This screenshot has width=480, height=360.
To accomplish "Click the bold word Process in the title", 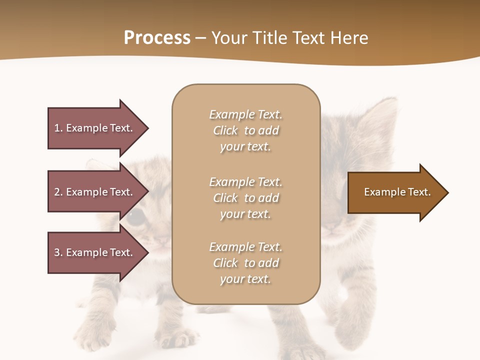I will (157, 38).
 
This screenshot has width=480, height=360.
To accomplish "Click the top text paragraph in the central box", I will (245, 130).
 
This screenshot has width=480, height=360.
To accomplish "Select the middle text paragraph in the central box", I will (245, 198).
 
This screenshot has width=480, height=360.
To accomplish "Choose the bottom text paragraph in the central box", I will (245, 263).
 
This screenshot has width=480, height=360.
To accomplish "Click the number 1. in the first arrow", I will (58, 128).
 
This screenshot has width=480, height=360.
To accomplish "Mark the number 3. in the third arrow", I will (58, 252).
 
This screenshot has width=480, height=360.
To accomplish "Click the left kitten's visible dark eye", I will (134, 217).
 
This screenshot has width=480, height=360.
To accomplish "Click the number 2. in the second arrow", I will (58, 192).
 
